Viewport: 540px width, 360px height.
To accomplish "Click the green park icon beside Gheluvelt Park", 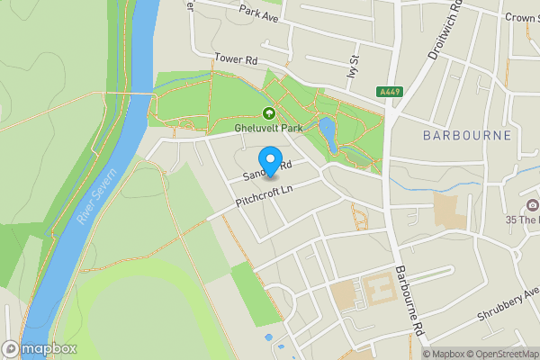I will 268,112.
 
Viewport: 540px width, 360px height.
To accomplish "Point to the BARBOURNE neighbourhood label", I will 467,135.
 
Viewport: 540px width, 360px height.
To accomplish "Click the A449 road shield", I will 391,92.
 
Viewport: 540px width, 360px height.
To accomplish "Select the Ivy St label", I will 353,68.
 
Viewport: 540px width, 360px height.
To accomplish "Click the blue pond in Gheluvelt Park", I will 328,135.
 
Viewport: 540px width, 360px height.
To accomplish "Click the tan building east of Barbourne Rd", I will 446,211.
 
